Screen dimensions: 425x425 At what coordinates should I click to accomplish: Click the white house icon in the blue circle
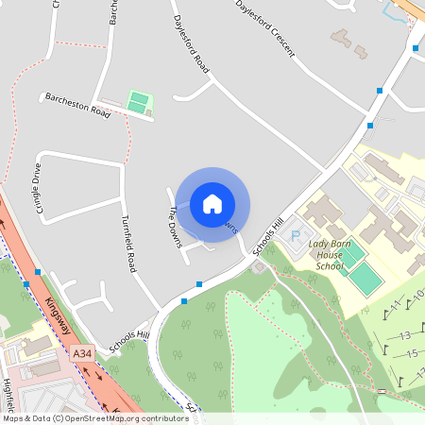tap(212, 203)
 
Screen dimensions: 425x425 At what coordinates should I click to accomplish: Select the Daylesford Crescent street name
tap(265, 30)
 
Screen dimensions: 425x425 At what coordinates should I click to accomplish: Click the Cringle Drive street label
tap(39, 188)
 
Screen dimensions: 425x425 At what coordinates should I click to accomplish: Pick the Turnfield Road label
tap(129, 241)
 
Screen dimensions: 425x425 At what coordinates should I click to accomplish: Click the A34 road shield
tap(83, 354)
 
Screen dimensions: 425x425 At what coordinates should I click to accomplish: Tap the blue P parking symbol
tap(294, 234)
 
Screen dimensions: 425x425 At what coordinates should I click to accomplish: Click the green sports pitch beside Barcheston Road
tap(139, 101)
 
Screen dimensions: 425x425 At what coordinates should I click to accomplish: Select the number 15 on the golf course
tap(411, 353)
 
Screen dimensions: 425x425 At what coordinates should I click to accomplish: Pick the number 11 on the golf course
tap(396, 303)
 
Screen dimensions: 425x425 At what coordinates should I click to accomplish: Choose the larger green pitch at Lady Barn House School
tap(365, 278)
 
